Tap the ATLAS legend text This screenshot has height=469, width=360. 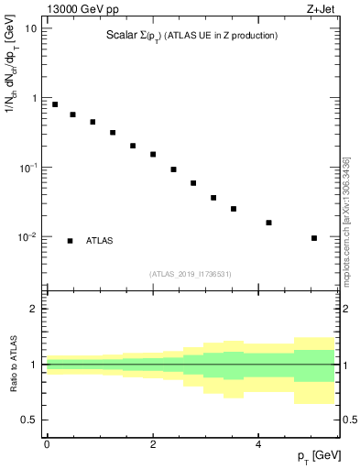click(100, 241)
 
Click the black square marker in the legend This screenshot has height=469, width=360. click(71, 241)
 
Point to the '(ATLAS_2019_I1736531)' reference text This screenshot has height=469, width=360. click(191, 273)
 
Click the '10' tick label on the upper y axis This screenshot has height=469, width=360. click(31, 28)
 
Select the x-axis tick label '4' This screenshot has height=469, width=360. click(258, 443)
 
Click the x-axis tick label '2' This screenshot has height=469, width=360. click(152, 443)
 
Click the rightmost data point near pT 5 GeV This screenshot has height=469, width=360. click(314, 238)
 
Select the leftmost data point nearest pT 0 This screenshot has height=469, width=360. click(55, 104)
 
